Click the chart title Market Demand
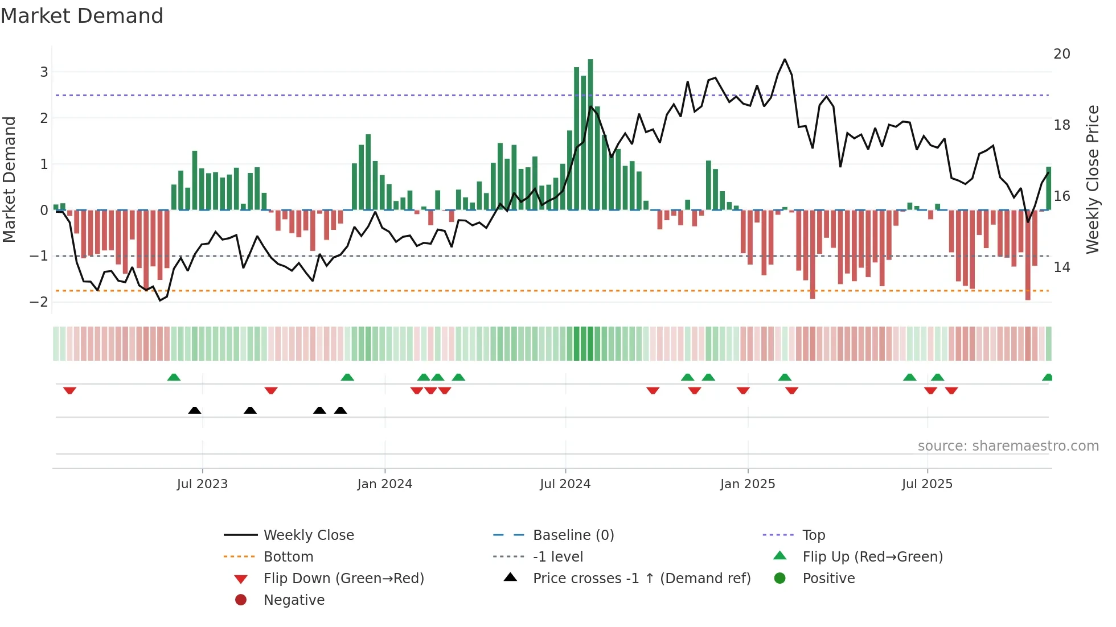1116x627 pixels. click(82, 16)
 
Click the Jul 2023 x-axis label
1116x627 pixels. click(202, 484)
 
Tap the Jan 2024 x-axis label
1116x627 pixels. click(384, 484)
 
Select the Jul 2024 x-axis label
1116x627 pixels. click(565, 484)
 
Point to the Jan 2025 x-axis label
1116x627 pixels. click(747, 484)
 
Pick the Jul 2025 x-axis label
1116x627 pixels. click(927, 484)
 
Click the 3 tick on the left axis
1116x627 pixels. click(44, 72)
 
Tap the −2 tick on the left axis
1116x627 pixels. click(39, 302)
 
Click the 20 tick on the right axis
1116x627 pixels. click(1061, 54)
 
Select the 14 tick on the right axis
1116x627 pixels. click(1061, 267)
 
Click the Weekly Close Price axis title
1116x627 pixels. click(1092, 179)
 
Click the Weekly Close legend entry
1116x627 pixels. click(308, 535)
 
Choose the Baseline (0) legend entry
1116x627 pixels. click(573, 535)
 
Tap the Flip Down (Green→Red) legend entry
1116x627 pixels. click(343, 579)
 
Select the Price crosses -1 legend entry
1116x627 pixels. click(641, 579)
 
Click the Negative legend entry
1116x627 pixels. click(294, 600)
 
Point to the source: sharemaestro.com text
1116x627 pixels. click(1008, 446)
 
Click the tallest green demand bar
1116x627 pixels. click(590, 134)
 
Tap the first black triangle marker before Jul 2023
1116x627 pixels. click(195, 410)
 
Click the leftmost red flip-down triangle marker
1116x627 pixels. click(69, 390)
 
